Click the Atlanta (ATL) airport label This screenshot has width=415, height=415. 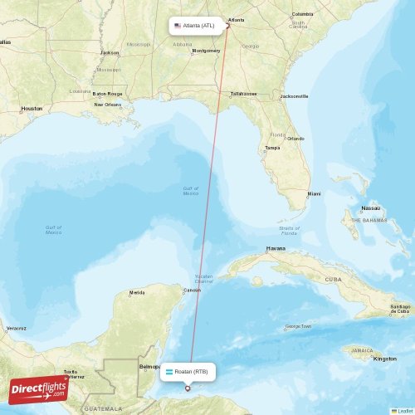coord(198,26)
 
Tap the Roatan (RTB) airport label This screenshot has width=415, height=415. coord(190,371)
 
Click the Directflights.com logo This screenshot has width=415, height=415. coord(39,388)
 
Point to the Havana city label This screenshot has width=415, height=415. coord(276,248)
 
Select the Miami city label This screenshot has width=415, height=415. coord(314,193)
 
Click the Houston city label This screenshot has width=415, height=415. coord(32,109)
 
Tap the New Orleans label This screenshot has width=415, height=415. coord(107,105)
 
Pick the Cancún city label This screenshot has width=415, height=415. coord(192,290)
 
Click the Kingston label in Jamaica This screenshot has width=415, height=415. coord(385,359)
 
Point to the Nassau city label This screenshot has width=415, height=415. coord(371,208)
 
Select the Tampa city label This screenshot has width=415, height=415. coord(272,148)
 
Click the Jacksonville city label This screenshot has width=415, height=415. coord(294,96)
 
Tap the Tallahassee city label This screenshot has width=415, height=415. coord(243,94)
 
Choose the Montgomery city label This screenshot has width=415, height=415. coord(206,51)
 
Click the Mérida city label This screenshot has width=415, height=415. coord(137,292)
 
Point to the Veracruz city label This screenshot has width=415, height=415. coord(16,328)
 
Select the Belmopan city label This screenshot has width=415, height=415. coord(150,365)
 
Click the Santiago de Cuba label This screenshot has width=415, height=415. coord(400,309)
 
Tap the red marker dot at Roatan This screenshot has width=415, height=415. coord(188,388)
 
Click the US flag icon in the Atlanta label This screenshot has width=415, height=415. coord(178,26)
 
